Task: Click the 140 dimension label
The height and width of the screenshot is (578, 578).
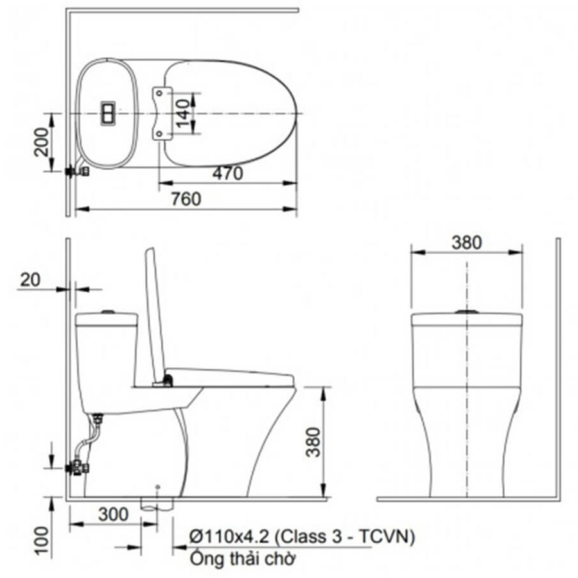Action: tap(183, 114)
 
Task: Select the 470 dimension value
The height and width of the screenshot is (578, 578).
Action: tap(227, 173)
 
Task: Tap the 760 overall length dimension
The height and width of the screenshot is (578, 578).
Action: tap(186, 199)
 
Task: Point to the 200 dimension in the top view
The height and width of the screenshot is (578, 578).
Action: tap(41, 142)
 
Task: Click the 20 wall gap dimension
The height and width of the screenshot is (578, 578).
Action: tap(30, 280)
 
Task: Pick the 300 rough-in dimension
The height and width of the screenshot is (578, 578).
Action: tap(114, 514)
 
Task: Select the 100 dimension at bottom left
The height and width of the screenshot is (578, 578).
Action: tap(42, 540)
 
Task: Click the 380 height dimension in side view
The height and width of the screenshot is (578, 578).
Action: tap(313, 442)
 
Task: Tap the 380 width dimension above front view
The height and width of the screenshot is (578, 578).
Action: tap(467, 243)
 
